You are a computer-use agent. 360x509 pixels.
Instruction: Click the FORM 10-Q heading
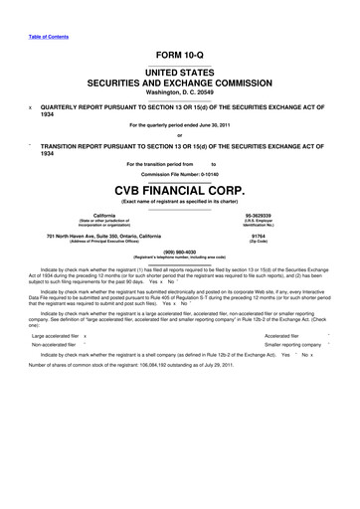pyautogui.click(x=180, y=55)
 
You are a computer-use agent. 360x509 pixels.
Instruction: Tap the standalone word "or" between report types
pyautogui.click(x=180, y=137)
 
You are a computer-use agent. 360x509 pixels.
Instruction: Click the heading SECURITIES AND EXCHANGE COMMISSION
pyautogui.click(x=180, y=83)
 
